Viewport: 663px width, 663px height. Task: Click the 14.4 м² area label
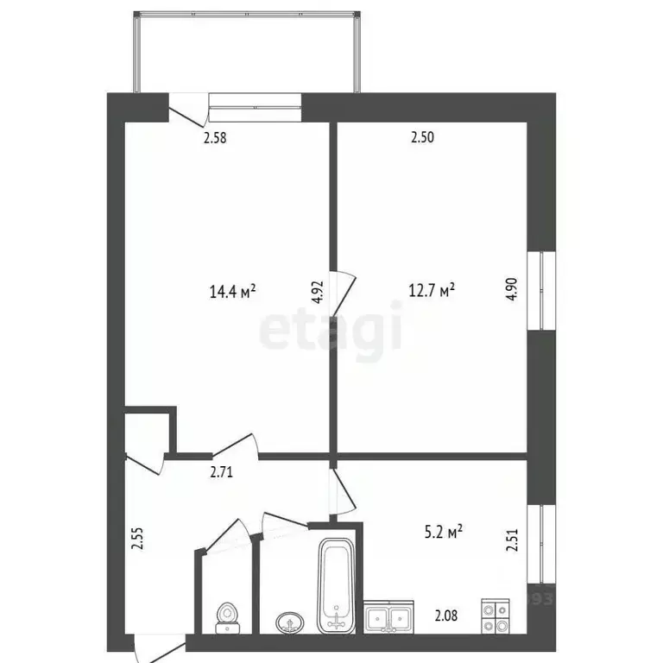pyautogui.click(x=232, y=292)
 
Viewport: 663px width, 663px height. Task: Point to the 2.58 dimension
pyautogui.click(x=216, y=136)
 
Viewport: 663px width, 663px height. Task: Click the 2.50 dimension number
pyautogui.click(x=421, y=136)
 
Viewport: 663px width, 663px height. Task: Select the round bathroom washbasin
pyautogui.click(x=288, y=621)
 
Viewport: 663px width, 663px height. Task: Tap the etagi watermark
pyautogui.click(x=331, y=331)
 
